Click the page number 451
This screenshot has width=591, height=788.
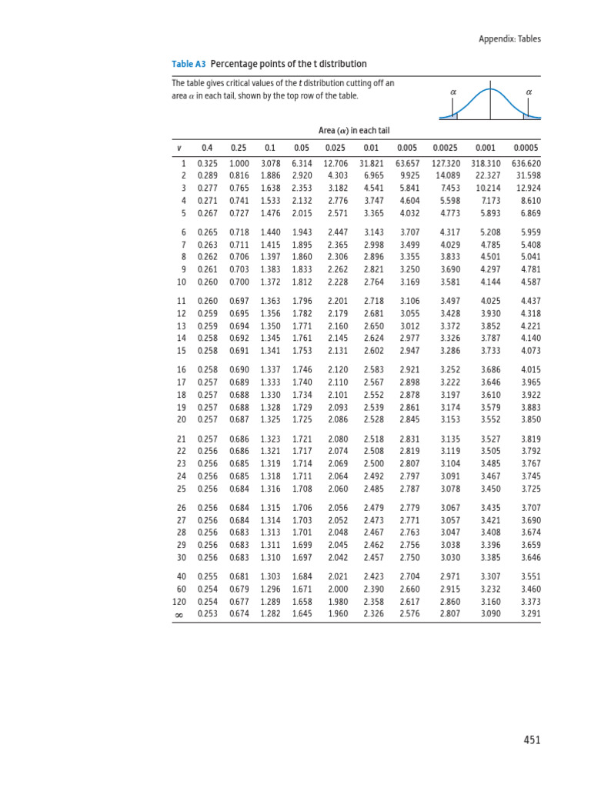pyautogui.click(x=532, y=740)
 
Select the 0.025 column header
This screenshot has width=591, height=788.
pyautogui.click(x=336, y=148)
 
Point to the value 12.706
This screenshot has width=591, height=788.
pyautogui.click(x=336, y=164)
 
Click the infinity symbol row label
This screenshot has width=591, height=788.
pyautogui.click(x=180, y=615)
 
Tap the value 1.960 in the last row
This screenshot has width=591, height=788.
pyautogui.click(x=338, y=614)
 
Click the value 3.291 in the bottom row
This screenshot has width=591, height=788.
pyautogui.click(x=530, y=614)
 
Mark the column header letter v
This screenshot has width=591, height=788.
pyautogui.click(x=179, y=148)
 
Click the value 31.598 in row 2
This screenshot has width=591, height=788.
pyautogui.click(x=528, y=176)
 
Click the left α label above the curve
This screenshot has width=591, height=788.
pyautogui.click(x=452, y=92)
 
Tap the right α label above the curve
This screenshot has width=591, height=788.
pyautogui.click(x=528, y=92)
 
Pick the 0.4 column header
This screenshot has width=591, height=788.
pyautogui.click(x=207, y=148)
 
